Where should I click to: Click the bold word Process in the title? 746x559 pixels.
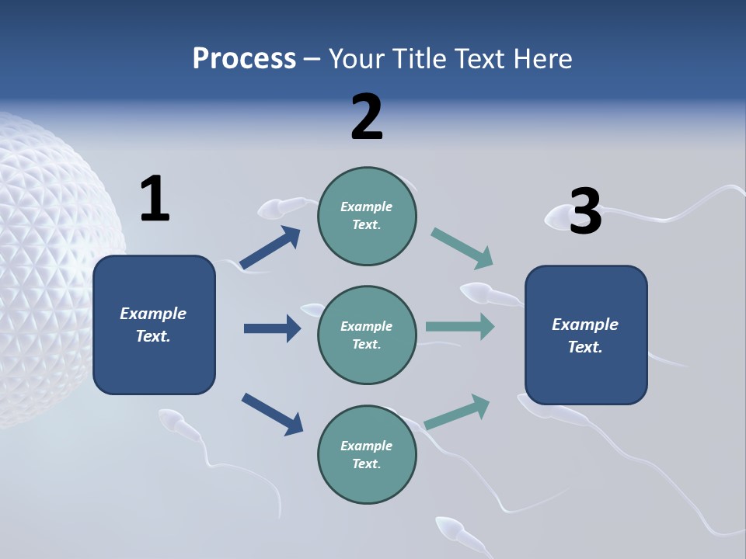244,58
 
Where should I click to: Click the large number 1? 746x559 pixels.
155,200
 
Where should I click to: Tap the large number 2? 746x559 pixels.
367,117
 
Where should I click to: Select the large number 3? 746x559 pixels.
586,211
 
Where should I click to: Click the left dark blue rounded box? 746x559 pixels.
154,325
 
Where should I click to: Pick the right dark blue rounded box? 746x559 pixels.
586,335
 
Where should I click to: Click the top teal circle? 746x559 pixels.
367,216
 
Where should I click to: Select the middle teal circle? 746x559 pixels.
367,335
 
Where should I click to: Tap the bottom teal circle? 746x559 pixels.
367,454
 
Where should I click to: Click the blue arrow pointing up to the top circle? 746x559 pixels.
270,248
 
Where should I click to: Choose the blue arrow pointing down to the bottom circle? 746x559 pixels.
272,414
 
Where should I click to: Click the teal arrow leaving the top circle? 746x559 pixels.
462,248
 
